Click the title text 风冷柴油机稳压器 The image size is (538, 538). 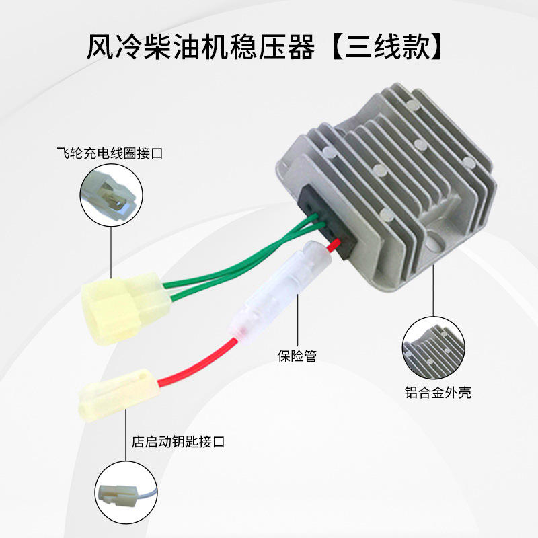[202, 47]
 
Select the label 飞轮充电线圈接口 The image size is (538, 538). [110, 154]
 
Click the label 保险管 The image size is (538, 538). [297, 356]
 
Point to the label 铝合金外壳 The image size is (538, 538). [438, 393]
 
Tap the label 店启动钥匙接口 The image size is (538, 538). [178, 443]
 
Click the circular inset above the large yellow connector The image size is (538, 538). [110, 195]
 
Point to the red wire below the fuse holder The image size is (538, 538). [202, 367]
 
